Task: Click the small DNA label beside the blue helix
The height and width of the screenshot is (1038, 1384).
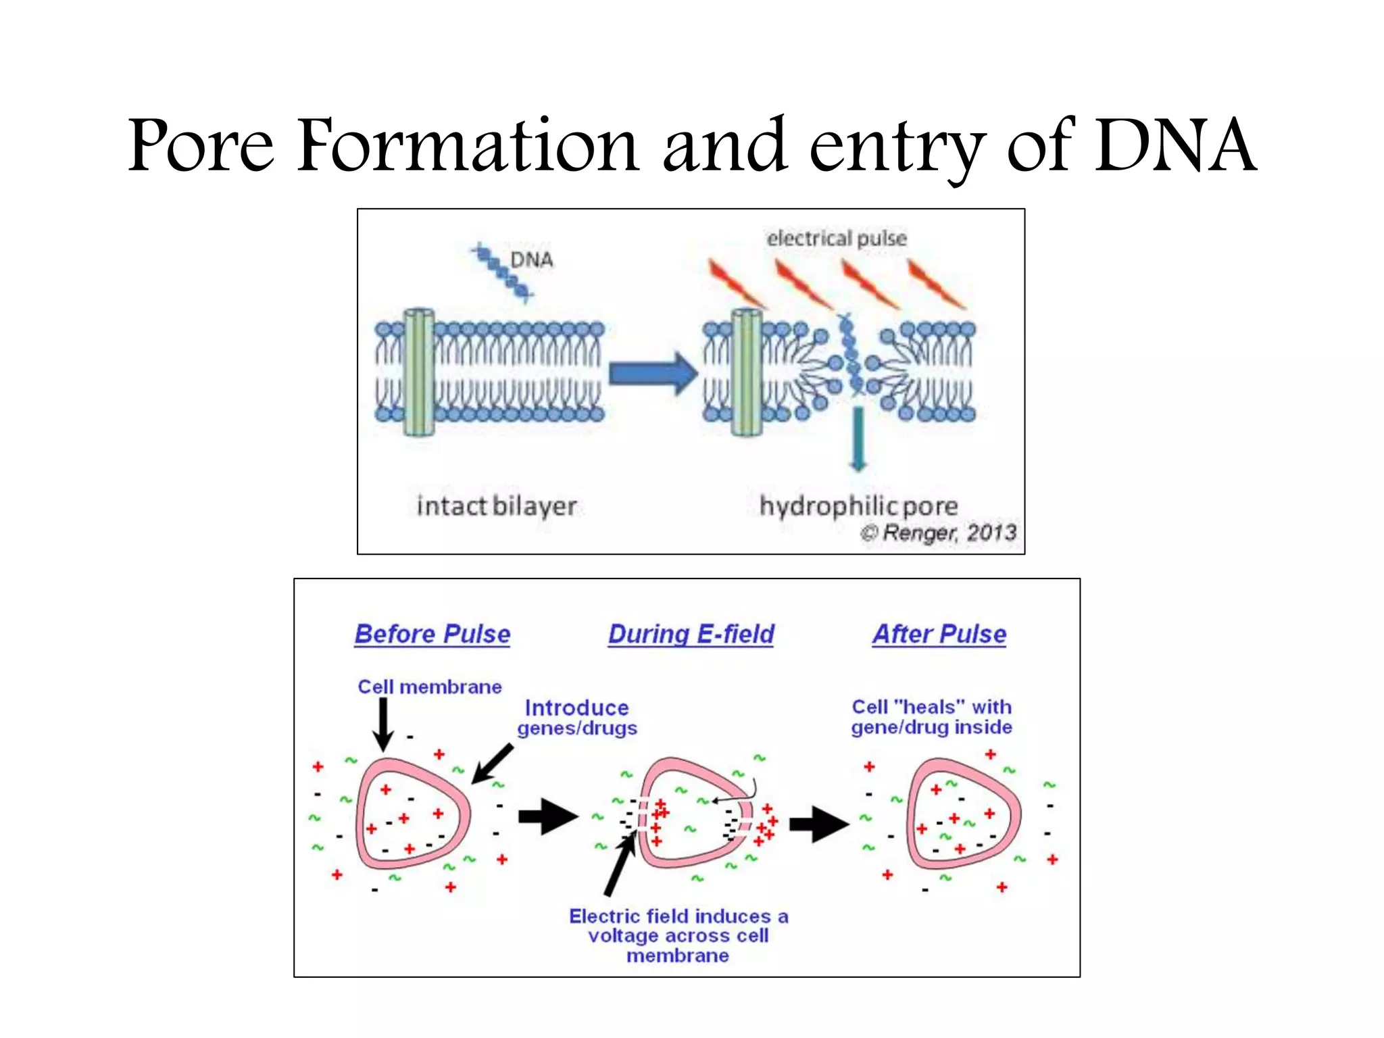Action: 531,260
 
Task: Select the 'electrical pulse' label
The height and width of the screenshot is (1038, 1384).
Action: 837,239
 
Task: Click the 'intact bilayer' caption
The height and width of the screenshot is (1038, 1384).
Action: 497,506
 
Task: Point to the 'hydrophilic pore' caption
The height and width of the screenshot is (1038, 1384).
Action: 858,506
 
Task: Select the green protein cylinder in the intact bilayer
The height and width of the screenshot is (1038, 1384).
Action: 419,372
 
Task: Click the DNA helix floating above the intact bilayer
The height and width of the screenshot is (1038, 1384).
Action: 503,273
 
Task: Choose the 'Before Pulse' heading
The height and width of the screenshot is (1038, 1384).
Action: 432,635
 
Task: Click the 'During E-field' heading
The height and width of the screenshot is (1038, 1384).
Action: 691,635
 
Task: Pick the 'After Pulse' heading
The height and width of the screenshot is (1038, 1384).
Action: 939,635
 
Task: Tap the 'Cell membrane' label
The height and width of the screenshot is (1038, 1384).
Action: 430,687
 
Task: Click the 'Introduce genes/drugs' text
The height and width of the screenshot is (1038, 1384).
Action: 577,718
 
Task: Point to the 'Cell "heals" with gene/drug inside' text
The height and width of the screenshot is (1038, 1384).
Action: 931,717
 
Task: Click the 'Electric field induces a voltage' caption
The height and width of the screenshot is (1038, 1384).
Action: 678,936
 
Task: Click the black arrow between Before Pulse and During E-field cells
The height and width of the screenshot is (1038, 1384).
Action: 547,817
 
